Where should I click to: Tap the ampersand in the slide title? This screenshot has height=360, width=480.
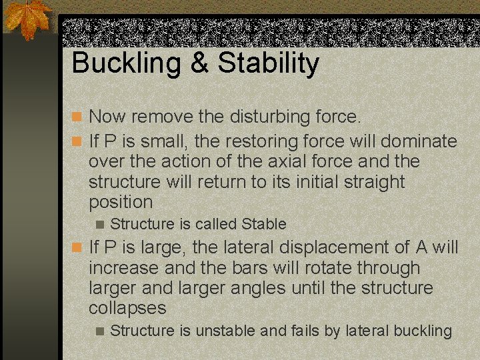(199, 64)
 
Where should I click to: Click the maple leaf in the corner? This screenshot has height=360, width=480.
(27, 19)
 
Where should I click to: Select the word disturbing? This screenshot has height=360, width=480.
(273, 117)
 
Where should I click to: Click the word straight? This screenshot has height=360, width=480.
(371, 182)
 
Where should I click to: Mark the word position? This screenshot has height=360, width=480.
(121, 202)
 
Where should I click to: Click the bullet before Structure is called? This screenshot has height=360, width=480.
(100, 225)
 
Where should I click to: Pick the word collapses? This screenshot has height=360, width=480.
(127, 308)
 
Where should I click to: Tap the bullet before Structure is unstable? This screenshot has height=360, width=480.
(100, 331)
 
